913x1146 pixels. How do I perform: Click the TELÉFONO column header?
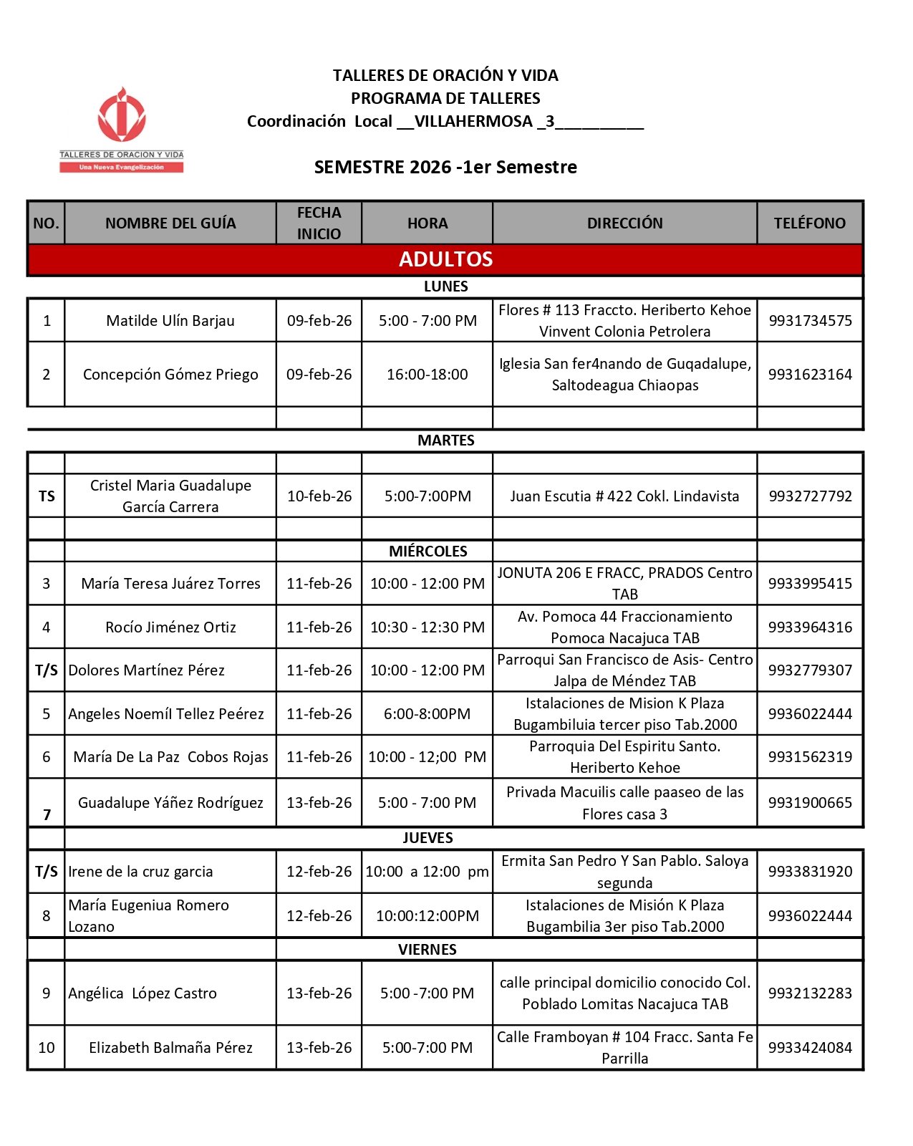coord(809,223)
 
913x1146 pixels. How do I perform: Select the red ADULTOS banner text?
coord(445,259)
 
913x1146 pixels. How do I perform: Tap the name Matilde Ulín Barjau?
coord(170,321)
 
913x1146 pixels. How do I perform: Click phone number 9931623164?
coord(810,375)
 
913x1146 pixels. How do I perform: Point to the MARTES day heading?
coord(445,440)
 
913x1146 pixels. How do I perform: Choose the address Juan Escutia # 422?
coord(624,496)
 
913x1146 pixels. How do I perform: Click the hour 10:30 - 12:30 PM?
coord(427,627)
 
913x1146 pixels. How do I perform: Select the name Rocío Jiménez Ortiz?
coord(170,627)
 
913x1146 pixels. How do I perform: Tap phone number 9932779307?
coord(810,670)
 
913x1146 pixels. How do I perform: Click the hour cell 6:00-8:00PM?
coord(427,714)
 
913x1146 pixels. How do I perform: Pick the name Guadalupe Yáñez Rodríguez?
coord(170,803)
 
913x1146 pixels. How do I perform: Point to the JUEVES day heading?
coord(427,838)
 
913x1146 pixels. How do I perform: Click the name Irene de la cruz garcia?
coord(140,872)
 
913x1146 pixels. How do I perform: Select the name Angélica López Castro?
coord(142,993)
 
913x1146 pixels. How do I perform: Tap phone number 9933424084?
coord(810,1048)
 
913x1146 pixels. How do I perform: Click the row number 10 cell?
coord(47,1048)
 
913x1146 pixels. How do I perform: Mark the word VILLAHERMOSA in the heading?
coord(473,122)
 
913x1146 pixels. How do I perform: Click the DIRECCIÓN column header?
coord(624,223)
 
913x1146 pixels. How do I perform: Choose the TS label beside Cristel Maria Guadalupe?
coord(47,496)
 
